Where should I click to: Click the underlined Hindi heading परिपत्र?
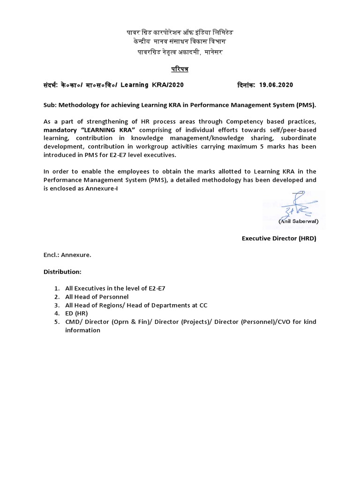point(180,69)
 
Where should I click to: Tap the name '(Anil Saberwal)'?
point(298,220)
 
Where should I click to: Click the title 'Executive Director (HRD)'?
point(279,238)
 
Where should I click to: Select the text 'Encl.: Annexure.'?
point(67,255)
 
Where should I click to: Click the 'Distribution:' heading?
point(62,272)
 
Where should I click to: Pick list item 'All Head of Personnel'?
point(97,297)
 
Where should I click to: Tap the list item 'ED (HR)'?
point(76,313)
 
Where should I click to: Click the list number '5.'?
point(56,322)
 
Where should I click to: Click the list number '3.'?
point(56,305)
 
